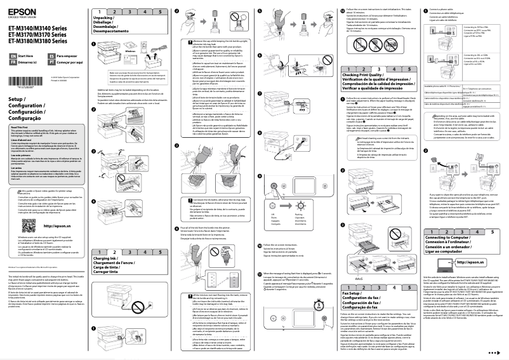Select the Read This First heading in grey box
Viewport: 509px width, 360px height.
(20, 127)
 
